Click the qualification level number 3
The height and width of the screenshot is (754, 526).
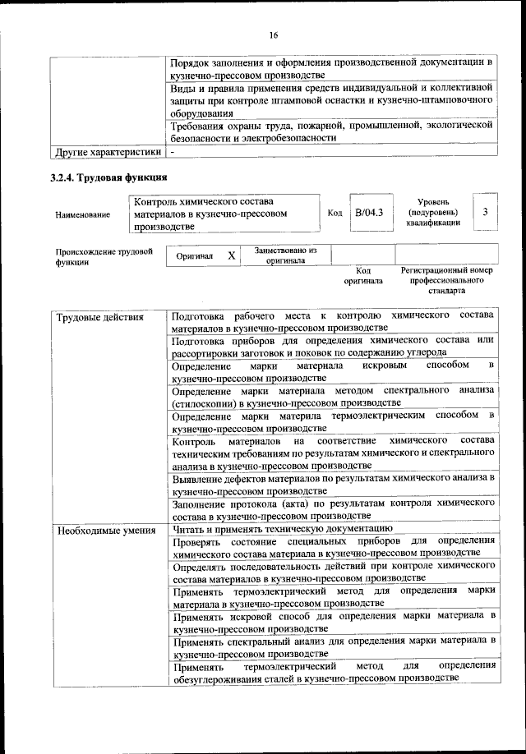485,213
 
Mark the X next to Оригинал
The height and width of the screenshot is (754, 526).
232,255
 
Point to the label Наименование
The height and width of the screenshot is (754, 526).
83,214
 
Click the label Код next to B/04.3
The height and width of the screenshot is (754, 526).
335,214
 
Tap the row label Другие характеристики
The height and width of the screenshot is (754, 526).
107,152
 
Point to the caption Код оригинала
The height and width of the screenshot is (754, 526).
363,275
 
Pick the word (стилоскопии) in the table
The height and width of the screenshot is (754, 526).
201,402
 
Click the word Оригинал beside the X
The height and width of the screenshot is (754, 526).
195,256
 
